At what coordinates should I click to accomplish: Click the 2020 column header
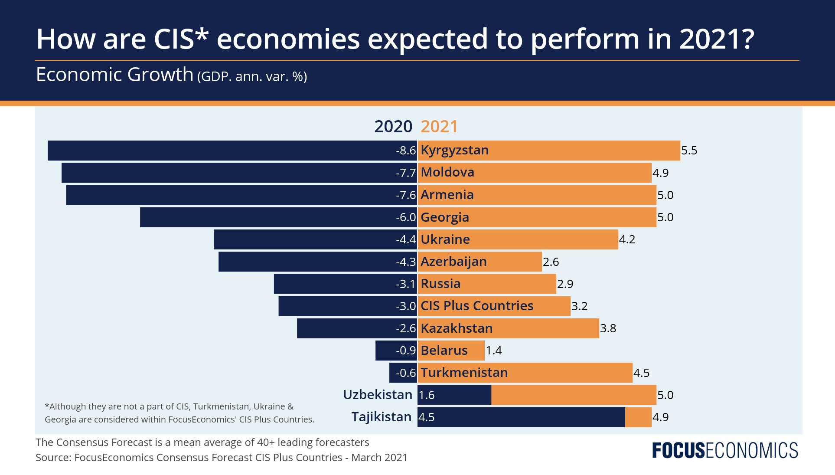[x=393, y=127]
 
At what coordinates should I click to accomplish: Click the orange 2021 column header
[x=439, y=127]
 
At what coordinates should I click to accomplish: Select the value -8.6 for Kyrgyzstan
[x=405, y=151]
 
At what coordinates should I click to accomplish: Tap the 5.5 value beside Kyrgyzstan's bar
[x=689, y=151]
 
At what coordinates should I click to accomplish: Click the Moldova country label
[x=447, y=173]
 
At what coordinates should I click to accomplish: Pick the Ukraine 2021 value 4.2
[x=627, y=239]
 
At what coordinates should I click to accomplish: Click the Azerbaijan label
[x=453, y=262]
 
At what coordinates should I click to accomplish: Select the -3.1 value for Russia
[x=405, y=284]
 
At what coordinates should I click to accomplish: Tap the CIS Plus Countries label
[x=476, y=306]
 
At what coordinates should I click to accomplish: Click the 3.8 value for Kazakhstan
[x=608, y=328]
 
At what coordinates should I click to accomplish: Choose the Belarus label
[x=444, y=351]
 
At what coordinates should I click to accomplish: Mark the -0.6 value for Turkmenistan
[x=405, y=373]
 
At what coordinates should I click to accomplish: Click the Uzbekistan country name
[x=377, y=395]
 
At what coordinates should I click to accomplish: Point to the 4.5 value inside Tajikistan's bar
[x=426, y=417]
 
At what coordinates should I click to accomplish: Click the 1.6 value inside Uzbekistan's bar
[x=426, y=395]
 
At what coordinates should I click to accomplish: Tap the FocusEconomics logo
[x=725, y=451]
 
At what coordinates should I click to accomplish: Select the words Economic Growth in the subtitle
[x=114, y=75]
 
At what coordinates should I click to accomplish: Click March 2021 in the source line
[x=379, y=458]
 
